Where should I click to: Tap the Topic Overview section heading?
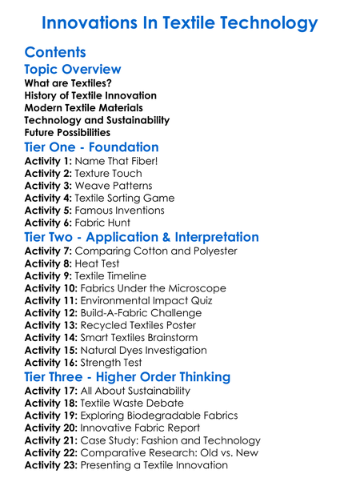pos(73,70)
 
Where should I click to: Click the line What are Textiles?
pos(68,83)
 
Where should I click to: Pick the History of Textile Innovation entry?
pos(90,96)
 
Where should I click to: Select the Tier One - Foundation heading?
pos(91,147)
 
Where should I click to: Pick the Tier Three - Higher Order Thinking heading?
pos(127,376)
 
